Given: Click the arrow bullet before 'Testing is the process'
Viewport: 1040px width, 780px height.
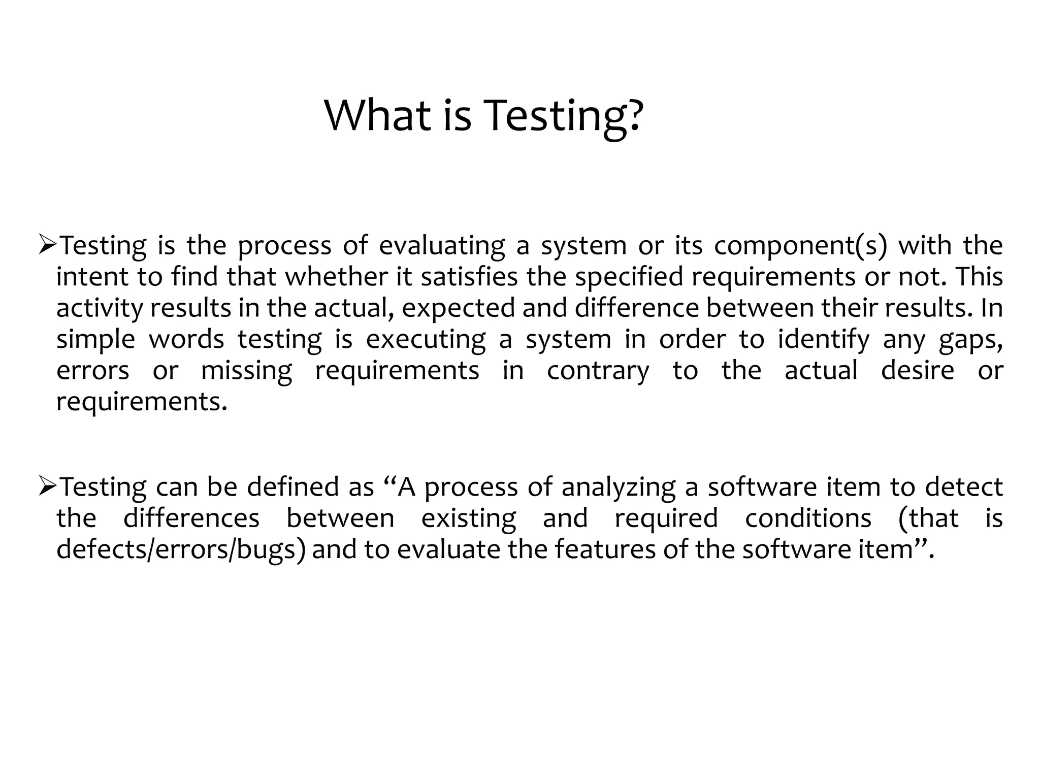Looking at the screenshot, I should pyautogui.click(x=48, y=246).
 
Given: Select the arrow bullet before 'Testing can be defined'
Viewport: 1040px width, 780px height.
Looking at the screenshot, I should pyautogui.click(x=48, y=487).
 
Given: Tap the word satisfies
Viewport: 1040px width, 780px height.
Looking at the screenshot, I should pyautogui.click(x=470, y=277).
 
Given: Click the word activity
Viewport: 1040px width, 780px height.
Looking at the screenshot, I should pyautogui.click(x=100, y=309).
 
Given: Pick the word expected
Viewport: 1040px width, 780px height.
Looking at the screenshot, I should pyautogui.click(x=459, y=309).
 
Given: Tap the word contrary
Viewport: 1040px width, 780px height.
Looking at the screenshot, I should pyautogui.click(x=598, y=371).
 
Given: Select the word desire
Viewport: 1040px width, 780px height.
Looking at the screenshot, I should pyautogui.click(x=918, y=370).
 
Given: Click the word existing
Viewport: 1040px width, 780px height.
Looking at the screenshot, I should pyautogui.click(x=468, y=519).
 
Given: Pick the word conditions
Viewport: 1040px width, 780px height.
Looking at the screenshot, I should pyautogui.click(x=808, y=518).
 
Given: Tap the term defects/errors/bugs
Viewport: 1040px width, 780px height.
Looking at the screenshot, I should pyautogui.click(x=181, y=550).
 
